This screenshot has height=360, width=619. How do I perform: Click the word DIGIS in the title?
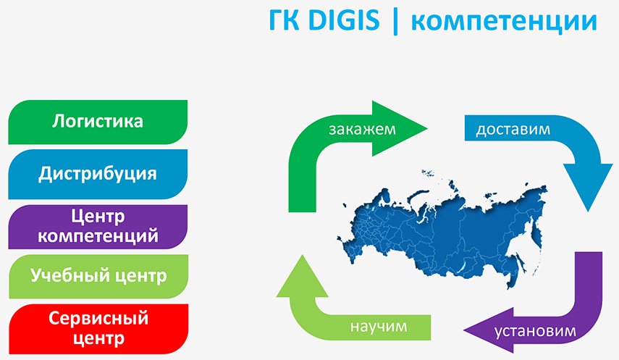343,20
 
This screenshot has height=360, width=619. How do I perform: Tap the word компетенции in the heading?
504,22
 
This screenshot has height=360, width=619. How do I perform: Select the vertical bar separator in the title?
395,22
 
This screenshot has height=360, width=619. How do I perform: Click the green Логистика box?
98,122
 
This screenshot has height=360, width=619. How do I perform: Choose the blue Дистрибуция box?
98,175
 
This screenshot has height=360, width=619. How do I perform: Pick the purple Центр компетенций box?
98,227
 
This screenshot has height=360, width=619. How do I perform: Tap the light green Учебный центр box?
98,276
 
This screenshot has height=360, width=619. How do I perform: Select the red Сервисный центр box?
98,329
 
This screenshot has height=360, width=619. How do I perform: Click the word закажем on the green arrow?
362,129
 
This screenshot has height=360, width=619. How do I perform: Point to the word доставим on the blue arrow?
513,130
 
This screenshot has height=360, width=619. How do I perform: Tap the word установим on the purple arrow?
535,331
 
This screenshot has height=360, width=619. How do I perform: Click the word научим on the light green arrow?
379,327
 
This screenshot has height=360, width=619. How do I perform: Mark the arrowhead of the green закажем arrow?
399,128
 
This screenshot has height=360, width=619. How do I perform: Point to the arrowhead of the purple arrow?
489,330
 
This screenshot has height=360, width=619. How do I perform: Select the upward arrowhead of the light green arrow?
303,277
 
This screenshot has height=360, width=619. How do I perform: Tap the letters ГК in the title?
284,20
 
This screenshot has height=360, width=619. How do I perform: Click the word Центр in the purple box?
98,217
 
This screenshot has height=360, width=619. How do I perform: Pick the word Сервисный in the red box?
98,319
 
